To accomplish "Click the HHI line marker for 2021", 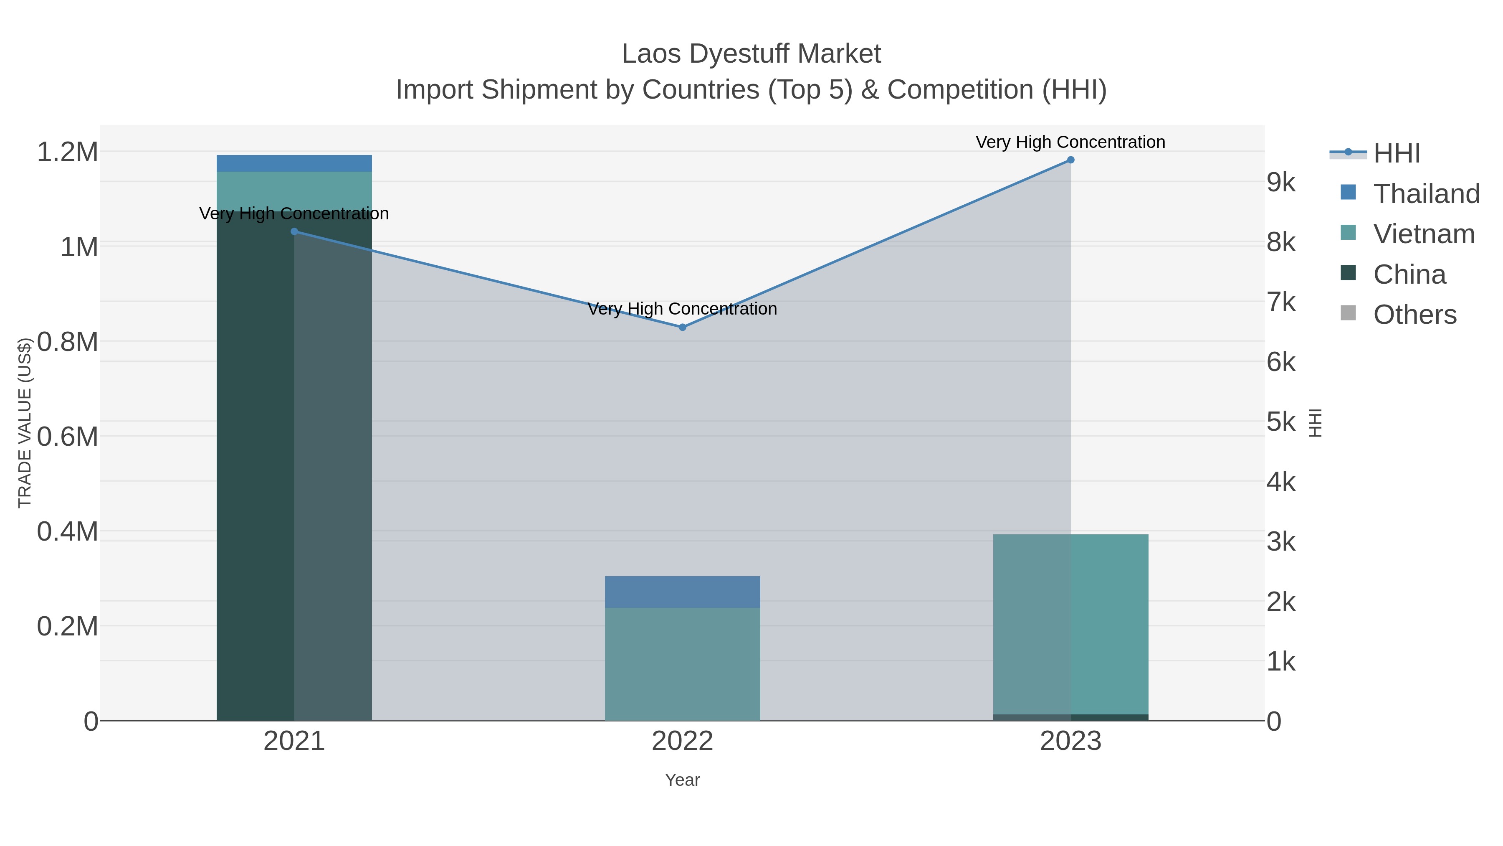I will tap(294, 232).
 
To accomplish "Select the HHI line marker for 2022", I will tap(682, 328).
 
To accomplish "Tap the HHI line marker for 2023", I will tap(1070, 160).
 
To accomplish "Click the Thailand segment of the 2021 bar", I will tap(294, 163).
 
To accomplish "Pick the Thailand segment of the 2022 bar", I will tap(682, 592).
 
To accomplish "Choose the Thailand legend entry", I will tap(1427, 194).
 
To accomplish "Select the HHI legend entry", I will tap(1396, 154).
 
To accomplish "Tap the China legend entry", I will tap(1409, 274).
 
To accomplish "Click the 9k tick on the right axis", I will tap(1281, 183).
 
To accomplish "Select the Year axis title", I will tap(682, 780).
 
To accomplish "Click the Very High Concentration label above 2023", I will tap(1070, 142).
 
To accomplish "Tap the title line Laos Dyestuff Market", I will tap(751, 54).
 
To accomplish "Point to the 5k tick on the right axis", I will tap(1281, 422).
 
